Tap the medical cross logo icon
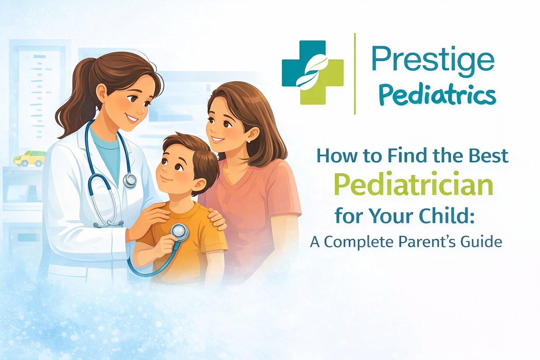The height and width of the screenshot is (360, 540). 313,72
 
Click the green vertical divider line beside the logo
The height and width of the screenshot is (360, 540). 355,74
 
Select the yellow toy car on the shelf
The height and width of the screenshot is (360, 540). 30,158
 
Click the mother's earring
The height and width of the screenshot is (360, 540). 249,141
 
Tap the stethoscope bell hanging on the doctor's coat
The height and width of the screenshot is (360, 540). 130,180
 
